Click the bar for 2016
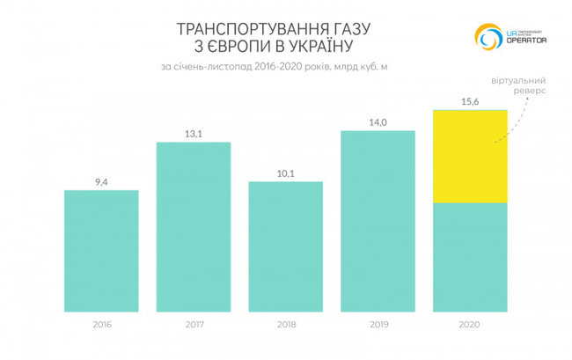(101, 251)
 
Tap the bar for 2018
(286, 246)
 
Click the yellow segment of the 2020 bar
(470, 157)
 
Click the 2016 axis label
(101, 325)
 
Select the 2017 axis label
(194, 325)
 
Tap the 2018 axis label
(286, 325)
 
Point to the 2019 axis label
(378, 325)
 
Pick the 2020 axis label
(470, 325)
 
